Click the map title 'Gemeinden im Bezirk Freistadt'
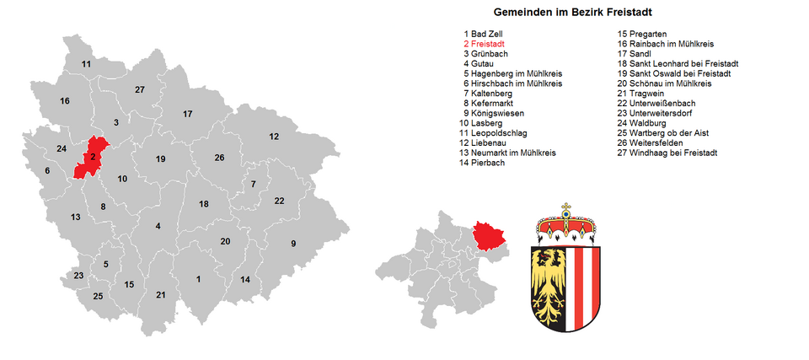tap(572, 13)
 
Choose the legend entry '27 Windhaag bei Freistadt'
tap(667, 153)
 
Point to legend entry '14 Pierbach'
tap(482, 164)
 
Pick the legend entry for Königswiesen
tap(493, 113)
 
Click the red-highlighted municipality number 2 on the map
tap(92, 156)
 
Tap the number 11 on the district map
tap(86, 64)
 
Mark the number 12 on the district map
tap(274, 137)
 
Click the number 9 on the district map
tap(293, 244)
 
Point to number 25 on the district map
tap(98, 296)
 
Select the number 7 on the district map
tap(253, 184)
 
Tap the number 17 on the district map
tap(188, 114)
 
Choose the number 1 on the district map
tap(198, 279)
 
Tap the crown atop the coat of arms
tap(566, 223)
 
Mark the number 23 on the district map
tap(78, 276)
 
